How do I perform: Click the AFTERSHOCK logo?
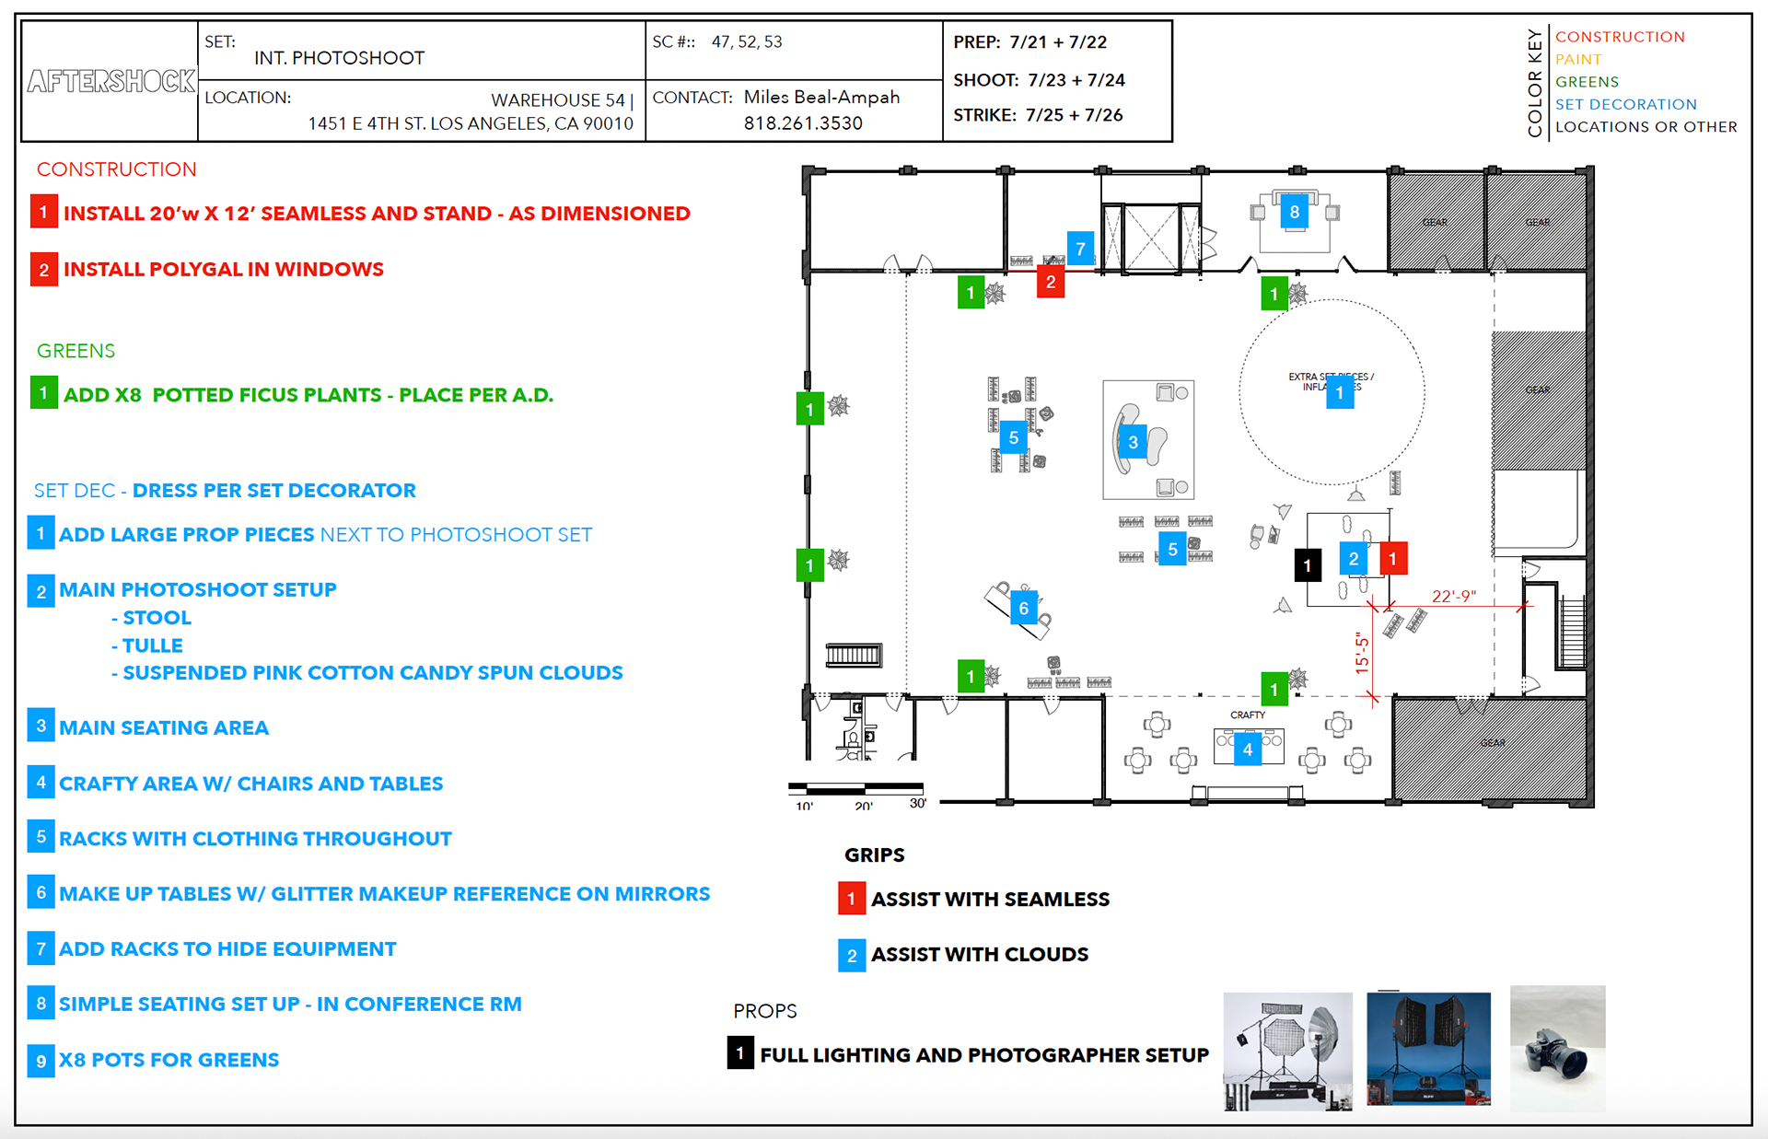pyautogui.click(x=110, y=81)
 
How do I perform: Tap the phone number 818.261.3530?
pyautogui.click(x=803, y=123)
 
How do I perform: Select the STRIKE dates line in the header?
pyautogui.click(x=1038, y=115)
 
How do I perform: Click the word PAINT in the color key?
pyautogui.click(x=1578, y=59)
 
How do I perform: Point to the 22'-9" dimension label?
pyautogui.click(x=1453, y=596)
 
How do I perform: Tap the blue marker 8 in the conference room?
pyautogui.click(x=1295, y=212)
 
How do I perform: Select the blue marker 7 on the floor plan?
pyautogui.click(x=1080, y=248)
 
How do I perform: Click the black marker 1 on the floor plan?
pyautogui.click(x=1308, y=565)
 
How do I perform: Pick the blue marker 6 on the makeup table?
pyautogui.click(x=1023, y=608)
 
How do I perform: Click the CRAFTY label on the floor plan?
pyautogui.click(x=1248, y=715)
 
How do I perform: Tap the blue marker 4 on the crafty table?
pyautogui.click(x=1248, y=749)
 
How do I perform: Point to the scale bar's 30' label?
pyautogui.click(x=917, y=803)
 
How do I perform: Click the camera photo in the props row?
pyautogui.click(x=1557, y=1049)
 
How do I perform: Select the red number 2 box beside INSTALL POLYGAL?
pyautogui.click(x=43, y=270)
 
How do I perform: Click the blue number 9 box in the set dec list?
pyautogui.click(x=41, y=1061)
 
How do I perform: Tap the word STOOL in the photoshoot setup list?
pyautogui.click(x=157, y=618)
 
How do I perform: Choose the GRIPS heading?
pyautogui.click(x=874, y=855)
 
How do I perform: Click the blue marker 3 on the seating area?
pyautogui.click(x=1133, y=442)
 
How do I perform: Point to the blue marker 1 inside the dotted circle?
pyautogui.click(x=1339, y=393)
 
